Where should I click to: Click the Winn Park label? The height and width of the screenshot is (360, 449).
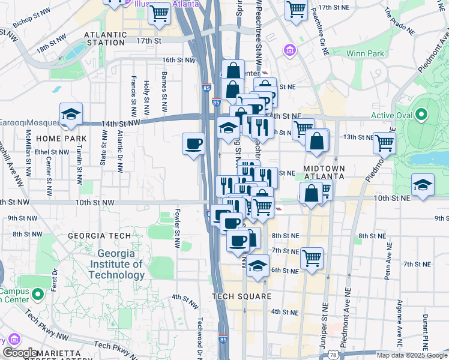pos(366,53)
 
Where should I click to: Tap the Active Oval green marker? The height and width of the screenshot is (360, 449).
pos(421,114)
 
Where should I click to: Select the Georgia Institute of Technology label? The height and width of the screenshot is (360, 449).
pos(116,264)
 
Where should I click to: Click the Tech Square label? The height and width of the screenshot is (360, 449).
pos(242,296)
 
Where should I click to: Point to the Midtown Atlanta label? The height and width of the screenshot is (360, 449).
pos(324,172)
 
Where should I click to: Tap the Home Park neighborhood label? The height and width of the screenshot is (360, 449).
pos(61,139)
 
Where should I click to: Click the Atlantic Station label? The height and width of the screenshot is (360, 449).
pos(107,35)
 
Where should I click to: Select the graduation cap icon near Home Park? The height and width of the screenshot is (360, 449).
pos(71,113)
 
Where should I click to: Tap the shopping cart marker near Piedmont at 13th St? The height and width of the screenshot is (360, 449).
pos(385,143)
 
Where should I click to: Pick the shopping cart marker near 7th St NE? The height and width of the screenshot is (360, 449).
pos(312,258)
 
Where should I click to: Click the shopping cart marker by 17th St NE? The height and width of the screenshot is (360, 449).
pos(296,9)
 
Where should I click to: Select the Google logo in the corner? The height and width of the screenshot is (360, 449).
pos(19,353)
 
